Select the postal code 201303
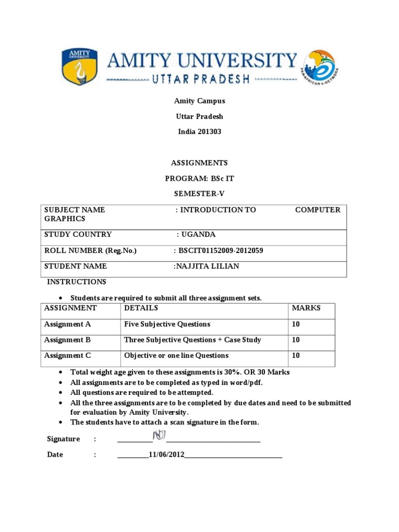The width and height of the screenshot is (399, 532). pos(209,132)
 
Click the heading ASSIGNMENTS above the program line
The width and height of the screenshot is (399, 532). pos(199,163)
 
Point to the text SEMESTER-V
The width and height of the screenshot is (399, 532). pos(199,193)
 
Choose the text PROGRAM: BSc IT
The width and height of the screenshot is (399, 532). pos(199,178)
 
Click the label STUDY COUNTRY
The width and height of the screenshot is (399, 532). pos(78,234)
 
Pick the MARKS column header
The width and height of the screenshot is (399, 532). pos(306,308)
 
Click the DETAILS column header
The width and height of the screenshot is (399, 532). pos(140,308)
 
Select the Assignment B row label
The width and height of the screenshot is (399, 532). pos(68,340)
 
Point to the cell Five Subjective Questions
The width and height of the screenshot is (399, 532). pos(167,324)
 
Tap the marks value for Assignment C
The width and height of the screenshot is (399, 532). pos(296,355)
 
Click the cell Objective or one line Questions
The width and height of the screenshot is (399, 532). pos(176,355)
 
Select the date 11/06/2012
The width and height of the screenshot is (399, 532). pos(167,455)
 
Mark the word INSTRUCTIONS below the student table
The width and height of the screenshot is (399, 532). pos(77,282)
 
